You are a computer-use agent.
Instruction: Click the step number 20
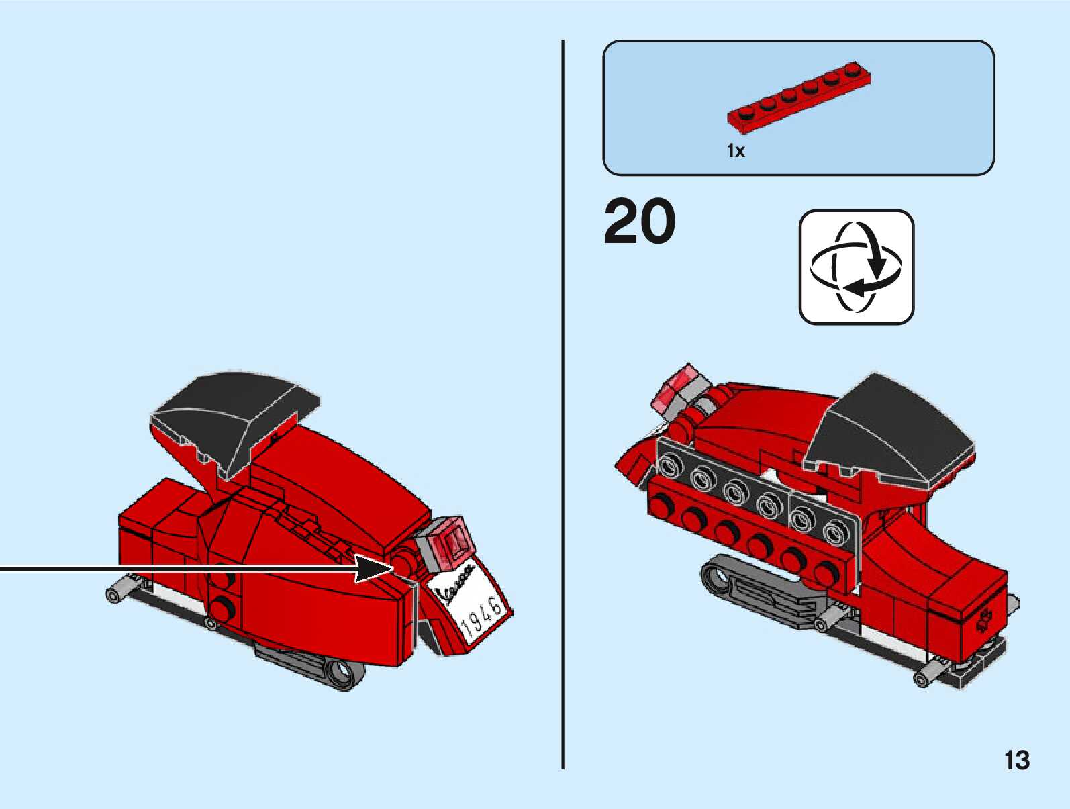click(x=639, y=222)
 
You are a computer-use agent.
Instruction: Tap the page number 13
click(x=1016, y=761)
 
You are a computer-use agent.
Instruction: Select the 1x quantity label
click(x=736, y=151)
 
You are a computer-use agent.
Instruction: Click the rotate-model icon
click(x=856, y=267)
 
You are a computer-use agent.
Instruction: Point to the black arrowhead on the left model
click(x=373, y=569)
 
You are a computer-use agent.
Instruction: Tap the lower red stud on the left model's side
click(x=220, y=609)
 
